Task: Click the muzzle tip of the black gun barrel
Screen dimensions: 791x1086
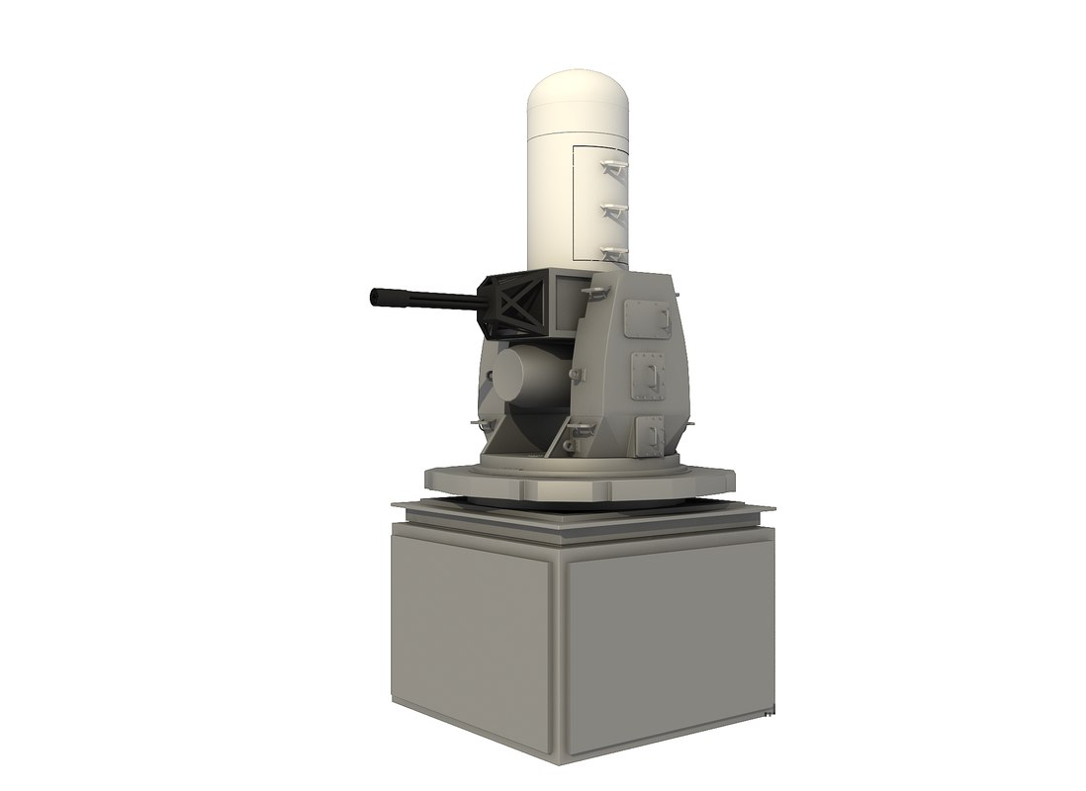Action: pyautogui.click(x=375, y=296)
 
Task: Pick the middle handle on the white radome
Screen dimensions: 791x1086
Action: pyautogui.click(x=612, y=210)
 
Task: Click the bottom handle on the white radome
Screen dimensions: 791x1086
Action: pyautogui.click(x=613, y=253)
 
